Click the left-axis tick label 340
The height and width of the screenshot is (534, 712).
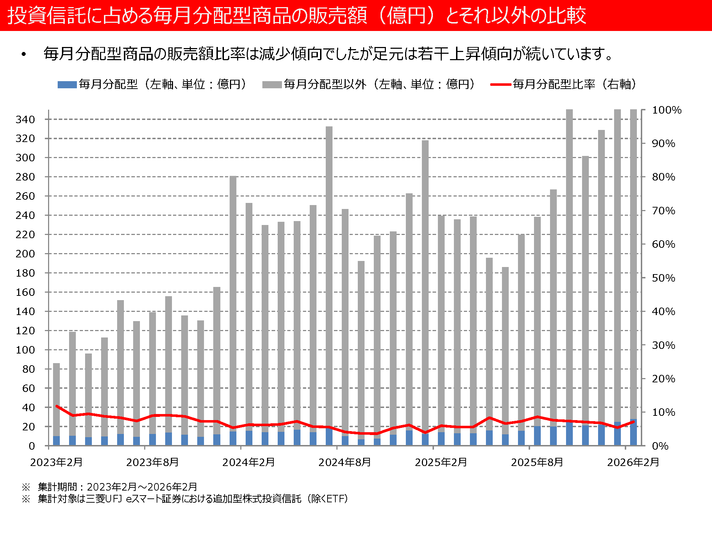tap(25, 120)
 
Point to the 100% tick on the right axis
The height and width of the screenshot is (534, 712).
tap(666, 110)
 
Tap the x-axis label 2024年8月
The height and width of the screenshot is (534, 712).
tap(345, 462)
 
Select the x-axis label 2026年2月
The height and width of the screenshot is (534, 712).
tap(633, 462)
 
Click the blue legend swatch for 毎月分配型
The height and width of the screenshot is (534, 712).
tap(67, 85)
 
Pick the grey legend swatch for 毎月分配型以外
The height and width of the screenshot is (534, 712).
tap(272, 85)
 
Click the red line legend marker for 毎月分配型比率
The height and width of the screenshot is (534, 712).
tap(501, 85)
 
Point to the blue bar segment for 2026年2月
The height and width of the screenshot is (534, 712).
tap(633, 433)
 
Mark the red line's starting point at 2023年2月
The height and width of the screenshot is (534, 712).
tap(57, 406)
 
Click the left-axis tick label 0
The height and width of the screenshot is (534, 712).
tap(32, 446)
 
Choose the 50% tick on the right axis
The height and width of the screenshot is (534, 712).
tap(663, 278)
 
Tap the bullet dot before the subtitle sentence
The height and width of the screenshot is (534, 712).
tap(24, 54)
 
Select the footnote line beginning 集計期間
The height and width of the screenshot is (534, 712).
tap(117, 487)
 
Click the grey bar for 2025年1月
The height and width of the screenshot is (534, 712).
tap(425, 285)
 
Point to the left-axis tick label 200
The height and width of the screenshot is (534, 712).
tap(25, 254)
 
